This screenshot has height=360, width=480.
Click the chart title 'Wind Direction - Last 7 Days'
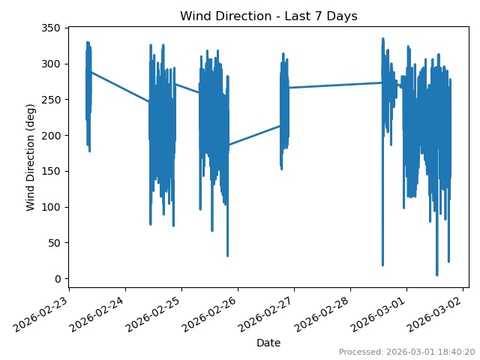[x=268, y=16]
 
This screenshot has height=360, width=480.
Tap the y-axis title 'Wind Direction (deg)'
[x=31, y=157]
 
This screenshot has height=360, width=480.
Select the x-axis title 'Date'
[x=268, y=343]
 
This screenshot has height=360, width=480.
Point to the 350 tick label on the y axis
[x=51, y=28]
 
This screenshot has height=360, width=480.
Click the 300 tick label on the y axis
[x=51, y=64]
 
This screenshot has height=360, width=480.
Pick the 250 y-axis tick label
[x=51, y=100]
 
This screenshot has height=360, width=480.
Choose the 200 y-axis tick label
[x=51, y=136]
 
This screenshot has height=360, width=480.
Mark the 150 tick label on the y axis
[x=51, y=171]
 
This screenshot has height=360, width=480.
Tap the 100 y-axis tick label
[x=51, y=207]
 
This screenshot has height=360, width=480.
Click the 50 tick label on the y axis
[x=54, y=243]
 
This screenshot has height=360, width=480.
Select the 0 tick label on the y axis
[x=57, y=279]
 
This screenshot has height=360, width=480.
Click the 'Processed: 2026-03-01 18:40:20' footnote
[x=406, y=352]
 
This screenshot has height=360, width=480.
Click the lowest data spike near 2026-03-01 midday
[x=437, y=274]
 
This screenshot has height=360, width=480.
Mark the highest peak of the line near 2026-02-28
[x=382, y=39]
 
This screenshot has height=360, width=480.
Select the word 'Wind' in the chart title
[x=195, y=16]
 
